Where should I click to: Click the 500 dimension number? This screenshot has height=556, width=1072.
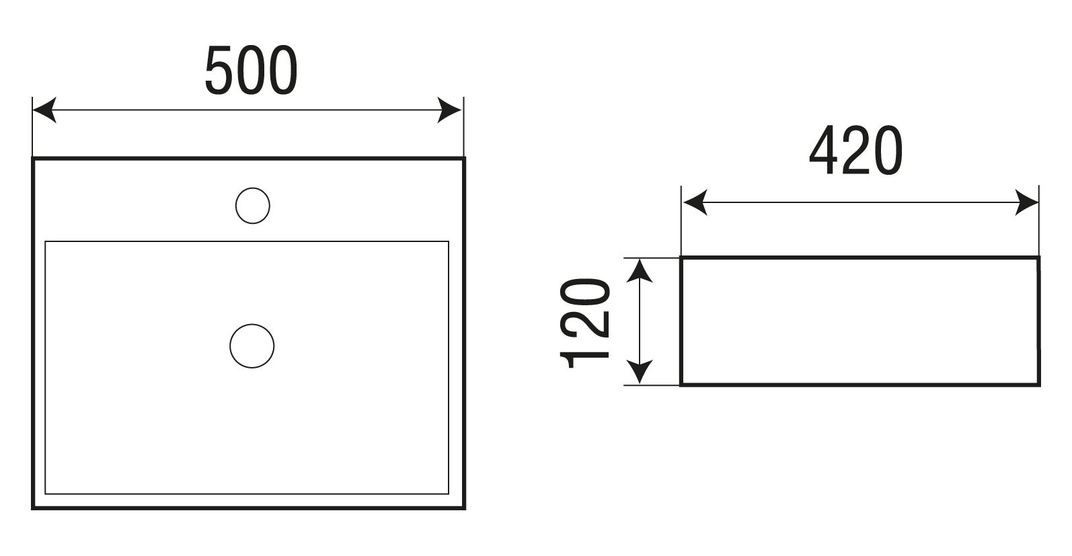251,70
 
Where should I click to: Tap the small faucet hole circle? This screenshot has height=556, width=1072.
253,205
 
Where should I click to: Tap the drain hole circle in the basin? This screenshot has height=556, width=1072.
252,346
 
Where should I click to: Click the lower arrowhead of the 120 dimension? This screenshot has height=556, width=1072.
640,372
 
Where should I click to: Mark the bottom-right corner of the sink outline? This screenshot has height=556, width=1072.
464,508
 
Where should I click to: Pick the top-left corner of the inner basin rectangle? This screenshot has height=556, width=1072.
45,241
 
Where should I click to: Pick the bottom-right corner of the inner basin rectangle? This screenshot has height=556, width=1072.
448,493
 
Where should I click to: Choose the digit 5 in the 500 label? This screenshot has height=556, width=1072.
219,70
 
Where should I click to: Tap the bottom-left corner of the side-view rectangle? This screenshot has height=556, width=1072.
682,385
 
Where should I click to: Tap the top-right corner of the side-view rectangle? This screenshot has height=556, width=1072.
1038,257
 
